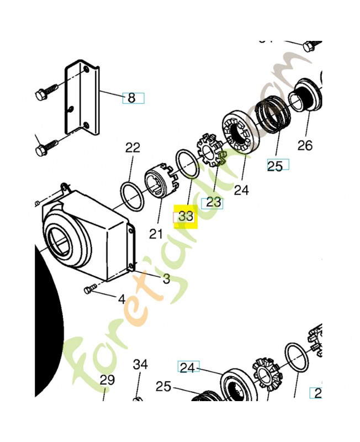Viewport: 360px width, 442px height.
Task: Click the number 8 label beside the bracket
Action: [x=131, y=98]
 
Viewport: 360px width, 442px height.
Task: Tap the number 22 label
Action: [x=133, y=148]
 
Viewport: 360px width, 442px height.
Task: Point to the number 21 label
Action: [x=156, y=234]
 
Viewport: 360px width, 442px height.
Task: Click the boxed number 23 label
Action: [x=213, y=202]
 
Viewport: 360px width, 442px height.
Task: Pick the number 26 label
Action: [x=305, y=145]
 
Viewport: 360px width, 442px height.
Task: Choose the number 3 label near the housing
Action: [x=166, y=279]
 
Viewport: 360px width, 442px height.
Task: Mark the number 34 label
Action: [x=140, y=364]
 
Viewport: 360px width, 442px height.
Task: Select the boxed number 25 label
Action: [x=275, y=165]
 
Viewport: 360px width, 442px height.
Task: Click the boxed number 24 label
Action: [x=188, y=367]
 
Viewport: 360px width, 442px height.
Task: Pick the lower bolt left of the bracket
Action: [x=47, y=148]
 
